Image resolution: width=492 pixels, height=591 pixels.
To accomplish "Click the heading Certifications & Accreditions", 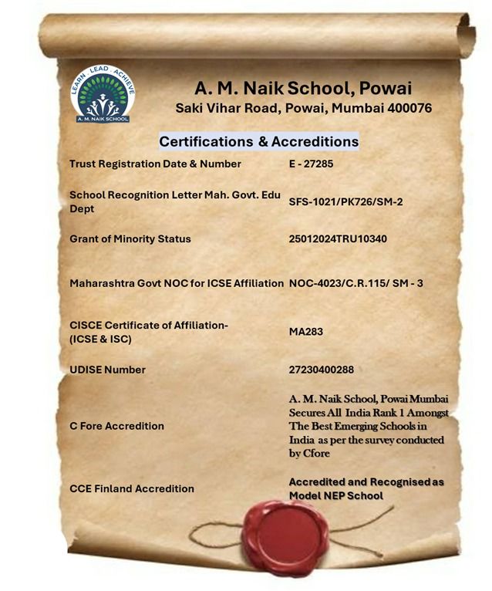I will point(258,142).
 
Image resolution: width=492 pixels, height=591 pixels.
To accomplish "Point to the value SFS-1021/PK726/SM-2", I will point(345,201).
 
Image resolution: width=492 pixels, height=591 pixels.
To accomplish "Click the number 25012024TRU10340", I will point(338,239).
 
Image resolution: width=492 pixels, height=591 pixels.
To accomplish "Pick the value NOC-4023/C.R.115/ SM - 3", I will point(356,283).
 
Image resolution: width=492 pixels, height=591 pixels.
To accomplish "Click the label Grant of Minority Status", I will point(130,239).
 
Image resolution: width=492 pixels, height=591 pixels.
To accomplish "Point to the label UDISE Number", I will point(107,370).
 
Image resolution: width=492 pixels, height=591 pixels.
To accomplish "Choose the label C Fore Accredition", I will point(116,426).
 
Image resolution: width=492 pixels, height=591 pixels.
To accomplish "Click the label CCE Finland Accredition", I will point(131,488).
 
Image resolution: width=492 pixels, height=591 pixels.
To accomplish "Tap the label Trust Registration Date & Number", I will point(155,164).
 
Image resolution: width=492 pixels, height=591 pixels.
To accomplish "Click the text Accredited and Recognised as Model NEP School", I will point(366,488).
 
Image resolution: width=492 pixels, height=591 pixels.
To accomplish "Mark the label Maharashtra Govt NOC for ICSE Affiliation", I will point(177,283).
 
